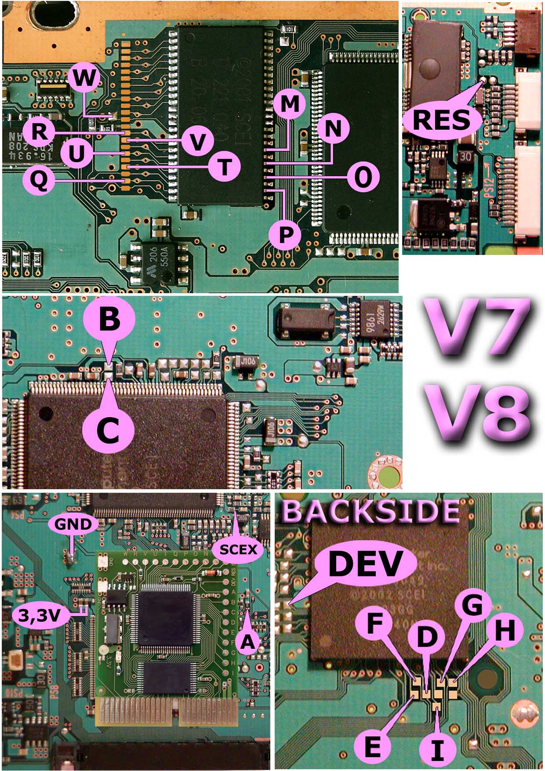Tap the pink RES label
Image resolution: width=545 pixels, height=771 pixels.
coord(441,120)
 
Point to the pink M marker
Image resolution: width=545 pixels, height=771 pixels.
coord(289,104)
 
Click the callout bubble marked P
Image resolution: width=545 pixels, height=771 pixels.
coord(285,234)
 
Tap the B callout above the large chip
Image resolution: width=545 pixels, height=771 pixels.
coord(109,320)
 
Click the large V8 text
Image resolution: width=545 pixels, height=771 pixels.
coord(478,412)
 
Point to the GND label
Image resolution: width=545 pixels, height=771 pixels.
coord(73,524)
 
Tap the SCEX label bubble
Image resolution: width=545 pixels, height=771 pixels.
coord(238,549)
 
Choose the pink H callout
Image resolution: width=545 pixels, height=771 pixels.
coord(505,632)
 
